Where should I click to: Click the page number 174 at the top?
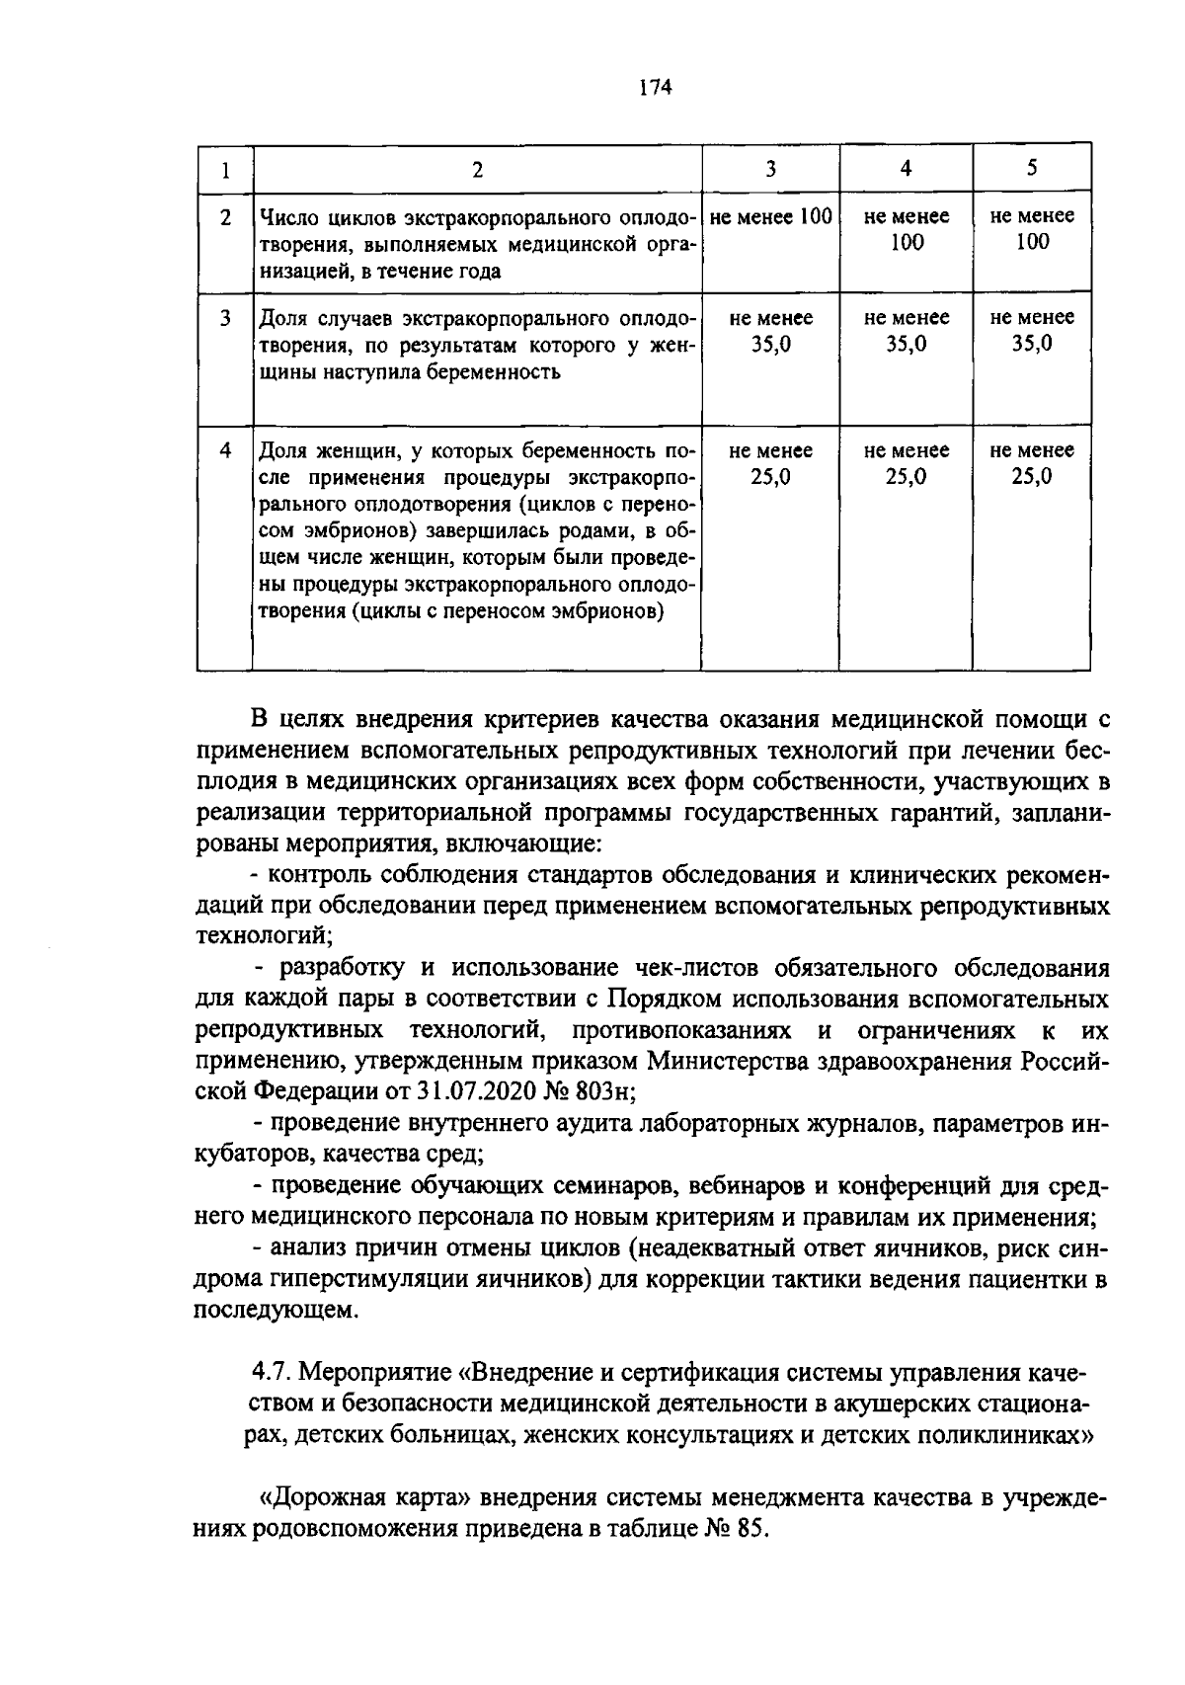pos(655,88)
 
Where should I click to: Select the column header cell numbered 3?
pos(770,169)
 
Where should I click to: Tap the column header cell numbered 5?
pos(1032,167)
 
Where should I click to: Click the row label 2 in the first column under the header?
pos(225,217)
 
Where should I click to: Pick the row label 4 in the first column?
pos(225,450)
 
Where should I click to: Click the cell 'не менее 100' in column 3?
pos(770,216)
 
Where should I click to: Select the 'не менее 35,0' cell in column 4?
pos(906,331)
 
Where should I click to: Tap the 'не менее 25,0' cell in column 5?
pos(1032,463)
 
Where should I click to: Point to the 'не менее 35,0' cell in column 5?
pos(1032,331)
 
